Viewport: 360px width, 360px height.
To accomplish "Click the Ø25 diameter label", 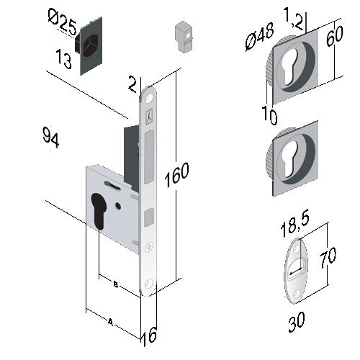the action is coord(63,22).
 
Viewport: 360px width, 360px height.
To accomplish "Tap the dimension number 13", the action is coord(63,58).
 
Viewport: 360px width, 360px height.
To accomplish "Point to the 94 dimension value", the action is coord(50,138).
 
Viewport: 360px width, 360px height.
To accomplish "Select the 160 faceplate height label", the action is coord(177,174).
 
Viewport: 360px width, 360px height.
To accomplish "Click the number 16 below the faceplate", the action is coord(149,336).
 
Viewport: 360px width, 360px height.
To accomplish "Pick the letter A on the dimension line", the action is coord(110,322).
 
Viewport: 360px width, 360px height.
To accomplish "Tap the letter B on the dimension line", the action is coord(116,284).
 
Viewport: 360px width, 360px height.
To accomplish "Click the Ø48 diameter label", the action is coord(260,37).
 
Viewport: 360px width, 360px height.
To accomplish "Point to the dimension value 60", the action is coord(335,36).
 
